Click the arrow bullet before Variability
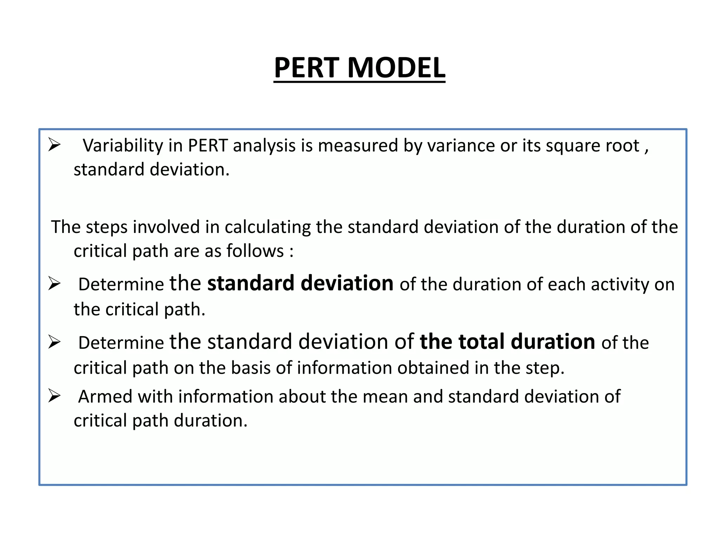click(x=54, y=145)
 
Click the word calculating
click(x=268, y=227)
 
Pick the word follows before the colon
click(x=255, y=251)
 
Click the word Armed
click(x=105, y=397)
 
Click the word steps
click(x=107, y=227)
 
